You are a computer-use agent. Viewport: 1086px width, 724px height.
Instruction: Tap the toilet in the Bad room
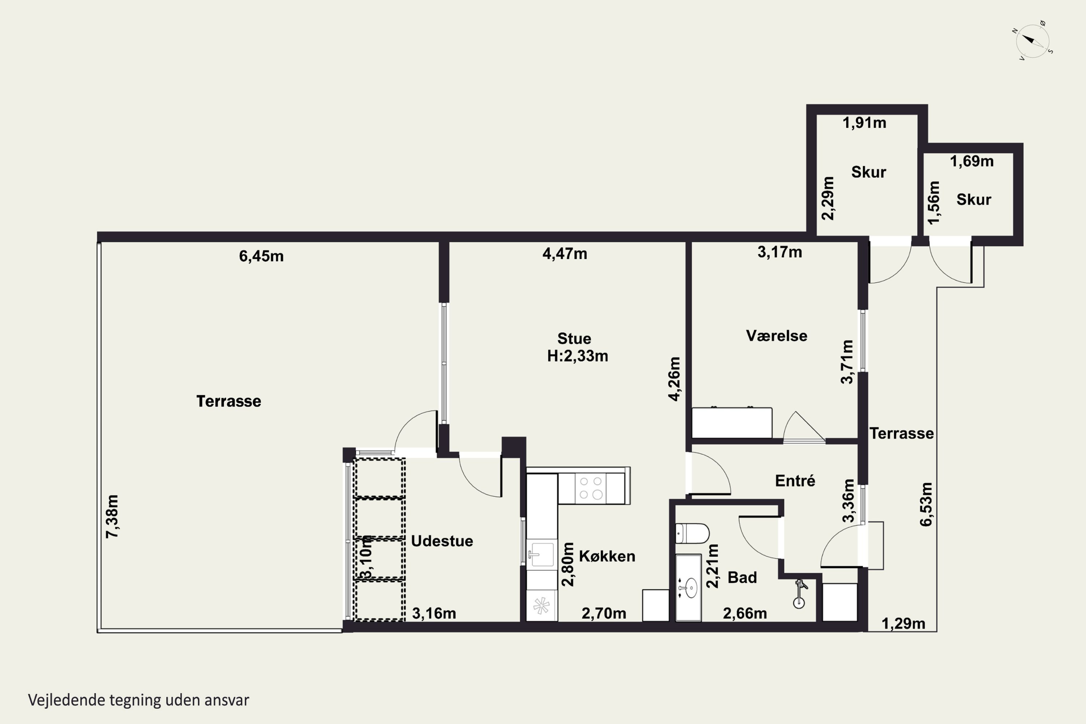tap(692, 533)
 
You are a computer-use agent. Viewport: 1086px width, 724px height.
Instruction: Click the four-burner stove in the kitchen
tap(591, 488)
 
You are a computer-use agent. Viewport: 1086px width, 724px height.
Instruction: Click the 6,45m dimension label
tap(261, 256)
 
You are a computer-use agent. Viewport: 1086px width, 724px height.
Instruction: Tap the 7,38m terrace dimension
tap(112, 516)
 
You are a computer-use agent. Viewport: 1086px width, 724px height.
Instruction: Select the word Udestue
tap(442, 541)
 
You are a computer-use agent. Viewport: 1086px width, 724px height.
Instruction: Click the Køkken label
tap(607, 556)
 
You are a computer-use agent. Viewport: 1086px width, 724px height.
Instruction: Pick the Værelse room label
tap(776, 336)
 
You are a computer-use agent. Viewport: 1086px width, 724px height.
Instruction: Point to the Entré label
tap(795, 481)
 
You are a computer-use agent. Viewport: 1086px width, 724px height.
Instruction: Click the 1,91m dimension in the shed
tap(864, 123)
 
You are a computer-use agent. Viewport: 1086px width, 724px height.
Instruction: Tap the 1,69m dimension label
tap(972, 161)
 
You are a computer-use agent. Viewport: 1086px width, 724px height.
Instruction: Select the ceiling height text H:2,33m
tap(578, 356)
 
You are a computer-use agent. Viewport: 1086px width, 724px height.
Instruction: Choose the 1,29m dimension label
tap(904, 624)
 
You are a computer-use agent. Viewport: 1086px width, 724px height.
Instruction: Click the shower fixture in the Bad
tap(800, 595)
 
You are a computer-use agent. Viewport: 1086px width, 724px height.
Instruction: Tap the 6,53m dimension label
tap(926, 504)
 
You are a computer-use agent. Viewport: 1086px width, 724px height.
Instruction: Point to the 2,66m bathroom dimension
tap(745, 614)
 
